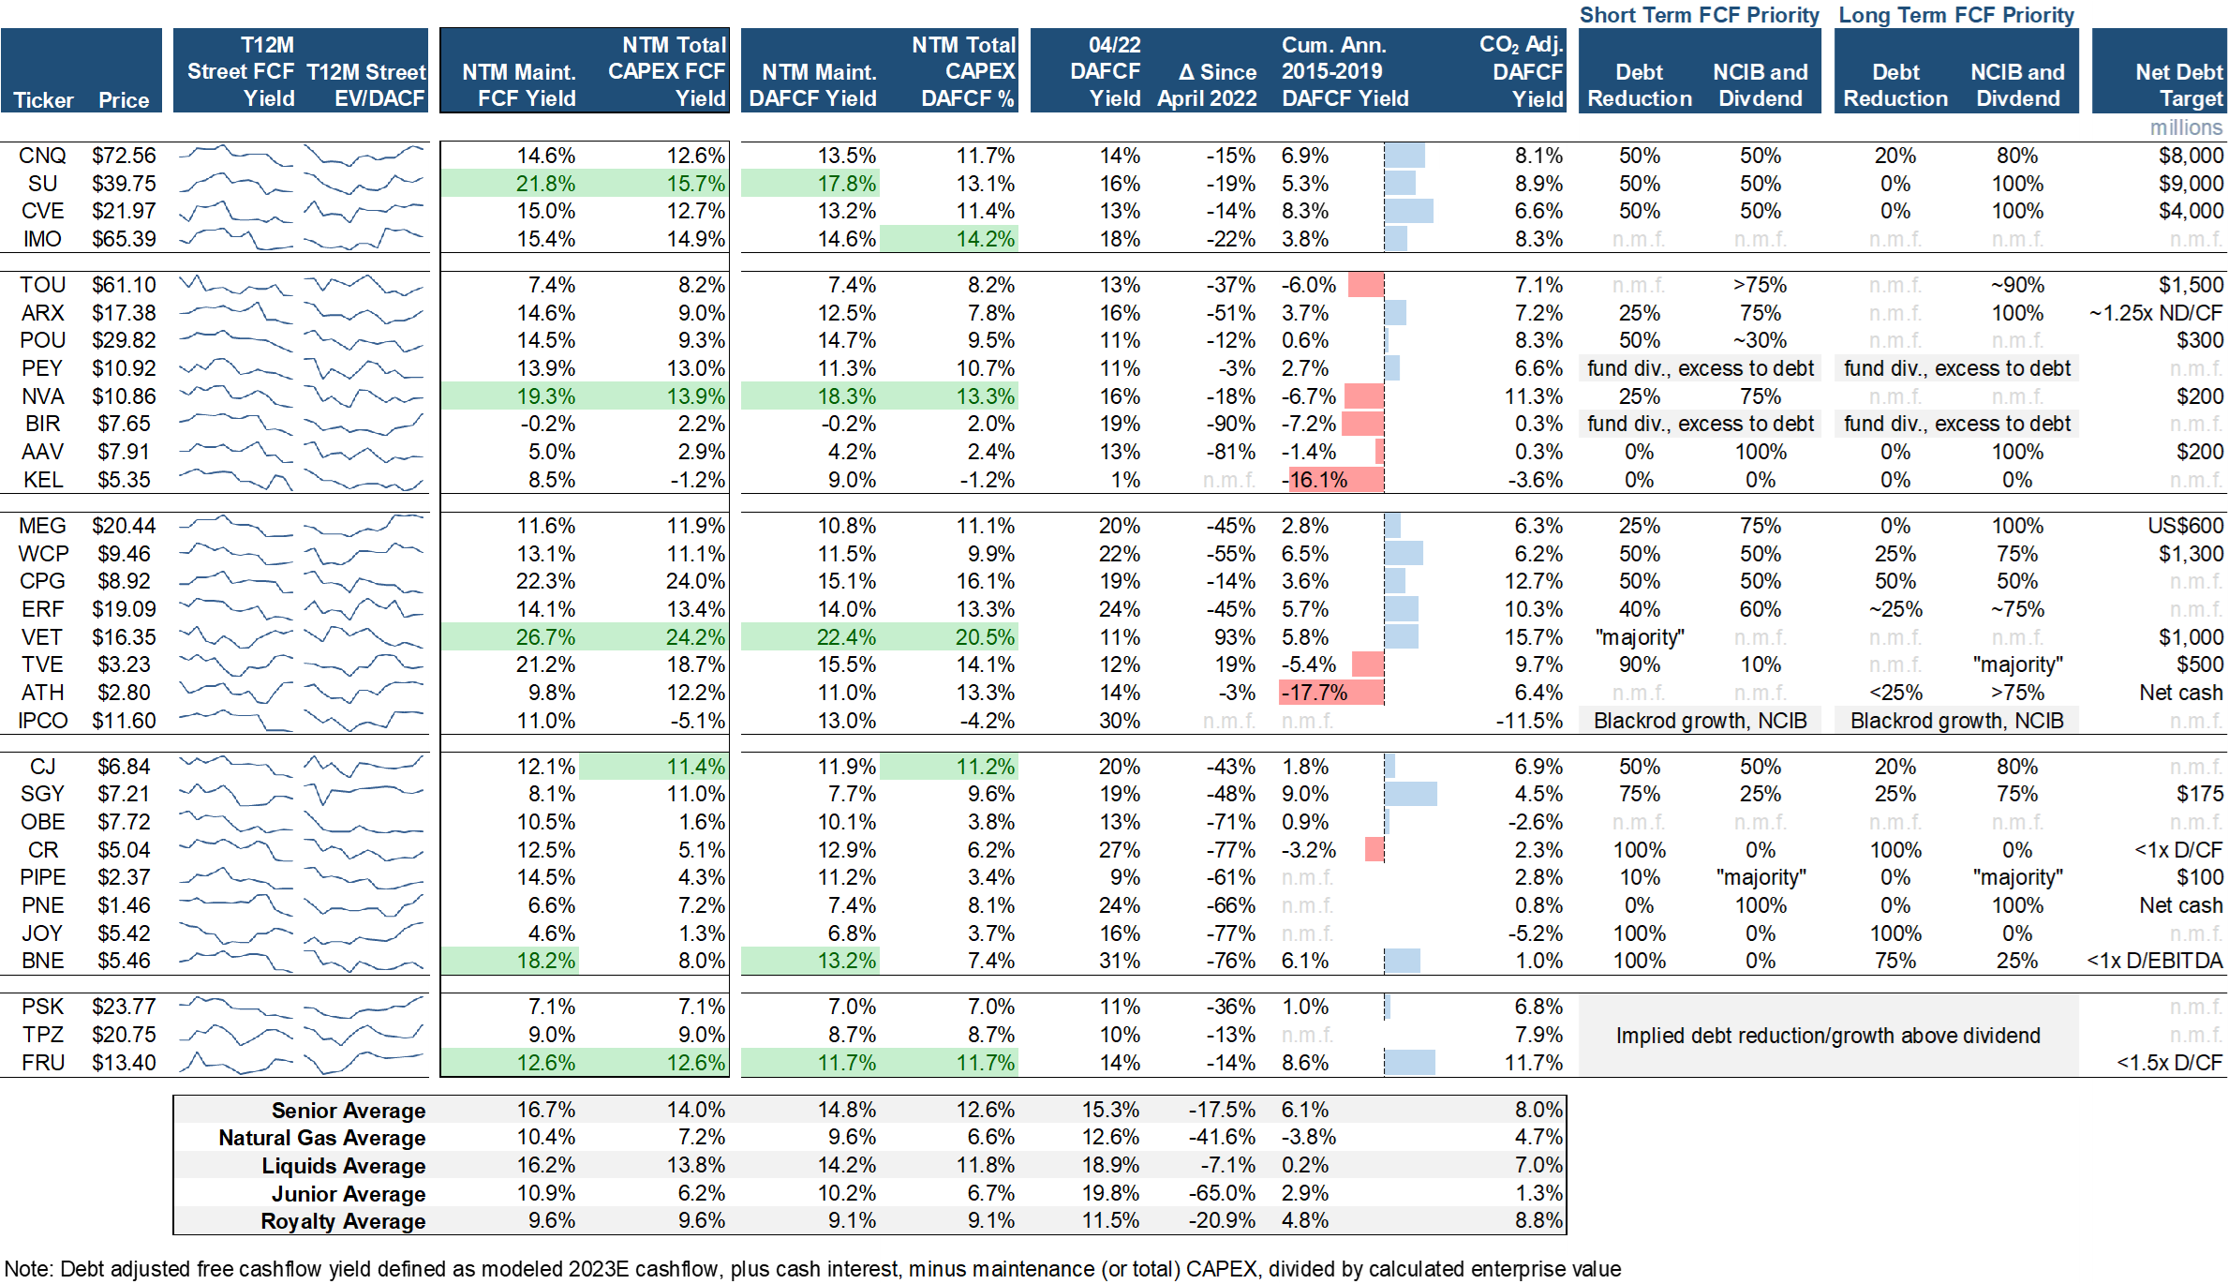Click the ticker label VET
(x=42, y=637)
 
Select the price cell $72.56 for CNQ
(x=124, y=156)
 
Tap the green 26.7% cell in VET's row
(x=545, y=637)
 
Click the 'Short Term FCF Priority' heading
(x=1699, y=15)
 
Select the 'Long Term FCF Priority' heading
(x=1956, y=15)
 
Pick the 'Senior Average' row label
(x=348, y=1111)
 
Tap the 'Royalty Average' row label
(x=343, y=1221)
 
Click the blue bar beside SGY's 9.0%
(x=1411, y=794)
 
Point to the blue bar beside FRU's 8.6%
(x=1410, y=1063)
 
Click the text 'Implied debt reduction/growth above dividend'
(x=1827, y=1036)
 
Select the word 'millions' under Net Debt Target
(x=2186, y=127)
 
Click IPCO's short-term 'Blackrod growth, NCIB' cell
(x=1700, y=721)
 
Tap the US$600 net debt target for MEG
(x=2185, y=526)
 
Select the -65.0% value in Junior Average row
(x=1222, y=1193)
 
